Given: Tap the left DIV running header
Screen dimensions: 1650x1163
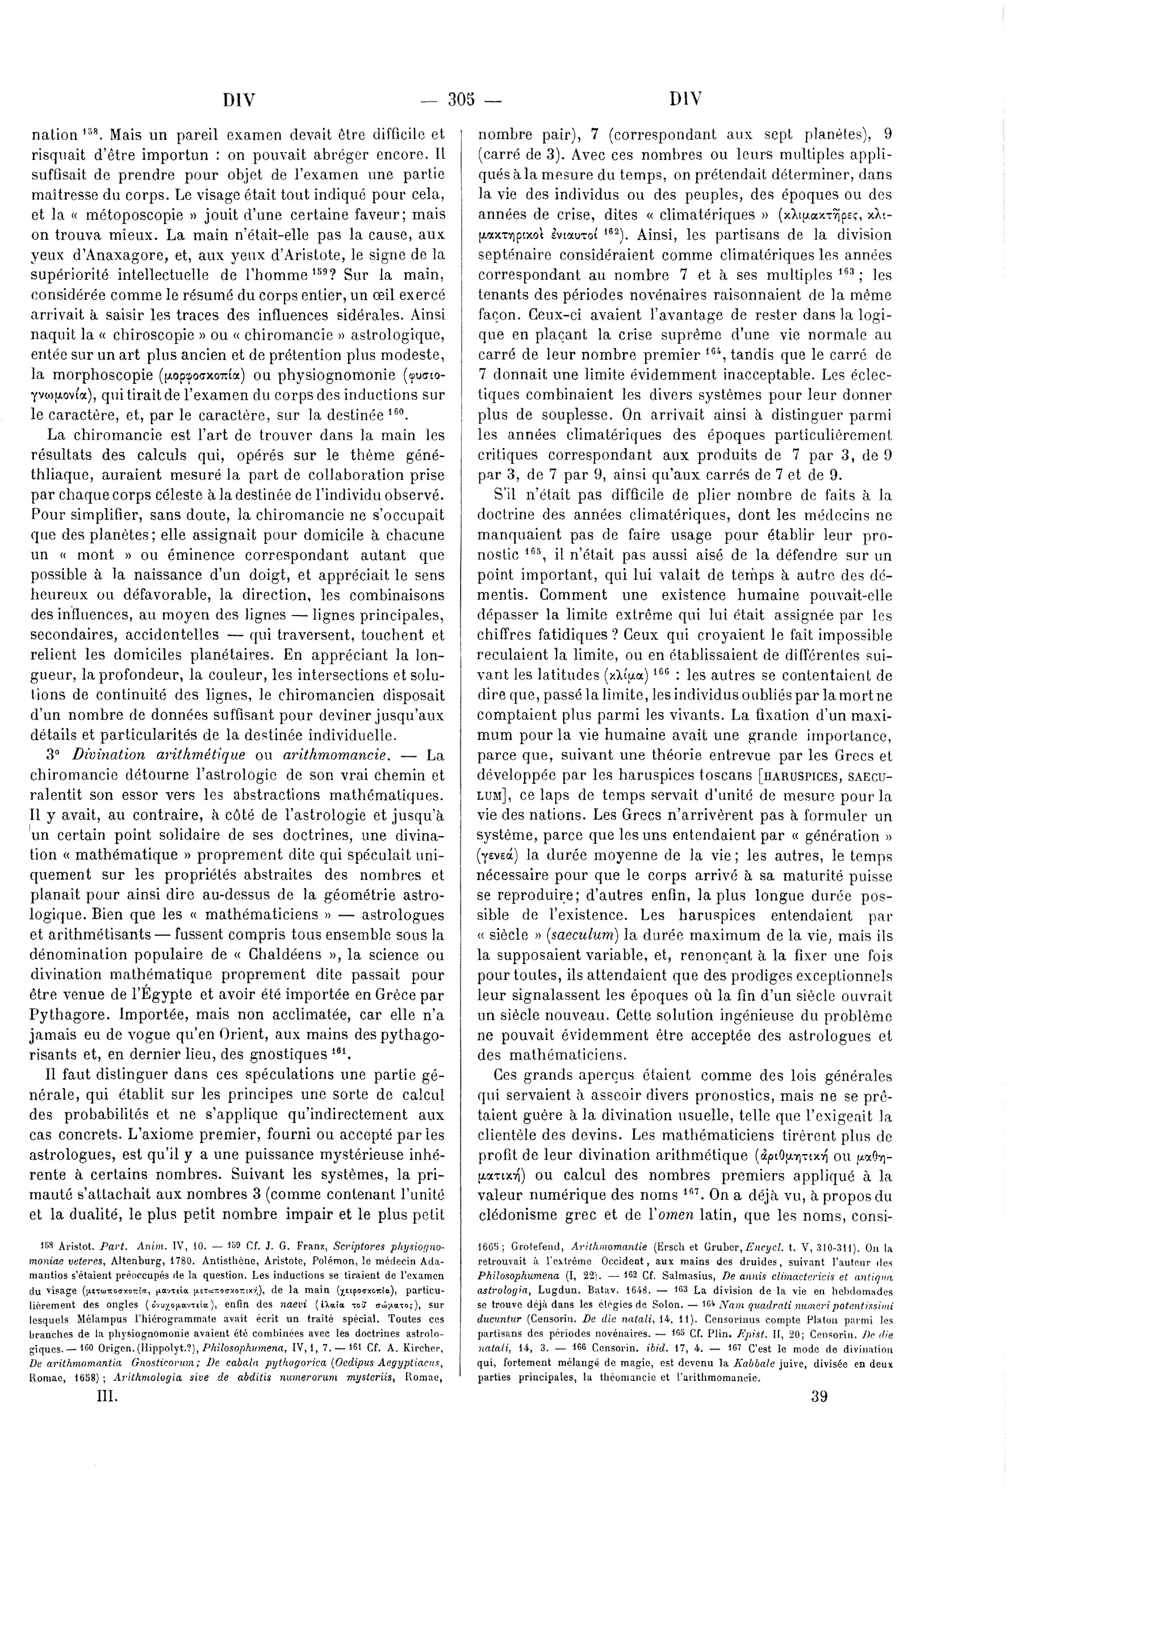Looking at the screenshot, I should (239, 100).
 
